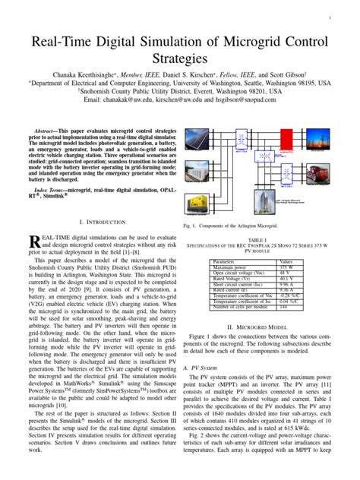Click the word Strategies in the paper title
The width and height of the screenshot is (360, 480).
[179, 58]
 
